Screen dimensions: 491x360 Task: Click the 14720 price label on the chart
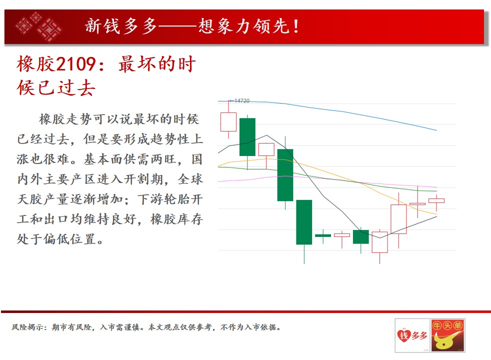tap(241, 101)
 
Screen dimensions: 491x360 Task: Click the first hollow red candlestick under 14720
tap(228, 122)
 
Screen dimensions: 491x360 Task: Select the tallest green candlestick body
tap(304, 222)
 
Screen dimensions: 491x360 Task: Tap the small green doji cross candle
tap(323, 235)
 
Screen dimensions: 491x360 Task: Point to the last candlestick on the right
tap(436, 200)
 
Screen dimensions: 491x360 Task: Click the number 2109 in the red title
tap(76, 64)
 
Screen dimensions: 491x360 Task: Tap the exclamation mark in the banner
tap(296, 26)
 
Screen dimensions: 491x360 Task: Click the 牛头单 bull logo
tap(447, 335)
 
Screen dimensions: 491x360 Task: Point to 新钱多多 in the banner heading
tap(121, 26)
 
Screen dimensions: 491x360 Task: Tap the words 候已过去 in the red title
tap(56, 87)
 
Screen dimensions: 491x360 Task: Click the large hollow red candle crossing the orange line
tap(398, 219)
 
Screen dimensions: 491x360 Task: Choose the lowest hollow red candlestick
tap(379, 242)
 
